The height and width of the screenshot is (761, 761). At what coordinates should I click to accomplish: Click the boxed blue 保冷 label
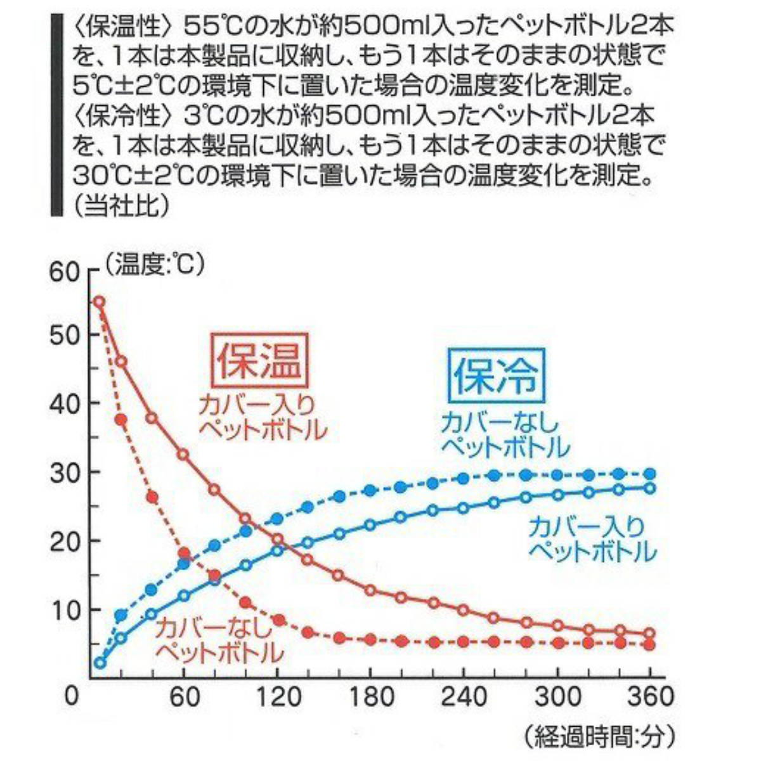[497, 375]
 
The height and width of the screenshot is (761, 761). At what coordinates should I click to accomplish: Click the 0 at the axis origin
[72, 696]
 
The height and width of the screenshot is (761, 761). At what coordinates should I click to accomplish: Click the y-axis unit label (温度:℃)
[155, 264]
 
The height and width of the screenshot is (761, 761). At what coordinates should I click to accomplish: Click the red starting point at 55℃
[99, 302]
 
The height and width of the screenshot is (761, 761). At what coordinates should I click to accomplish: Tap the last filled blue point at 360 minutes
[650, 474]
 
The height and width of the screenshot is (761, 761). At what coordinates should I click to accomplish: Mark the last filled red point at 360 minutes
[650, 645]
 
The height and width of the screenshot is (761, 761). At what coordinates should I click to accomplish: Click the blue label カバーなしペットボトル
[505, 434]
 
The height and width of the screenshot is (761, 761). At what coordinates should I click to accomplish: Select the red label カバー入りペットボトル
[263, 417]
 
